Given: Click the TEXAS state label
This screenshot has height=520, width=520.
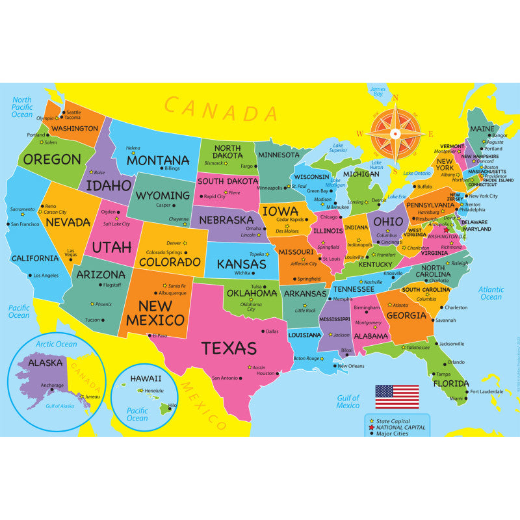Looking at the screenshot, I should [x=229, y=348].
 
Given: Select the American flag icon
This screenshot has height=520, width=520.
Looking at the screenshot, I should [x=397, y=396].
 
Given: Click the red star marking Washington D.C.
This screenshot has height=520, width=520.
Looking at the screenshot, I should [x=446, y=229].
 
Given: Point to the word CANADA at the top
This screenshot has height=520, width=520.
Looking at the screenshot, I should [x=221, y=109].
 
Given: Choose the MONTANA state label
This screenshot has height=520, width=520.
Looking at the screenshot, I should [x=158, y=159].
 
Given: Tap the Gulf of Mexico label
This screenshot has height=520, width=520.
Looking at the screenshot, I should [x=348, y=402].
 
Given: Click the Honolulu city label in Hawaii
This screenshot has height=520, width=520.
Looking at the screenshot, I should [x=154, y=391].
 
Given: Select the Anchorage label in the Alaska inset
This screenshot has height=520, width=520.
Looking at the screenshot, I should [x=53, y=385].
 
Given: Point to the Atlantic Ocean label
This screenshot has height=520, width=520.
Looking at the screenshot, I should [x=491, y=293].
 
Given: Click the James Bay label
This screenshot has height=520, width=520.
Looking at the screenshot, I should [x=377, y=92].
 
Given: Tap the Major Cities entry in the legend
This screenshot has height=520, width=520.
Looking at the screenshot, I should [x=393, y=434].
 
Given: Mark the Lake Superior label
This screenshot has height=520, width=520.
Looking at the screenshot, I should [x=338, y=148].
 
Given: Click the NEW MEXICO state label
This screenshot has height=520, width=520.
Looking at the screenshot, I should [x=155, y=313].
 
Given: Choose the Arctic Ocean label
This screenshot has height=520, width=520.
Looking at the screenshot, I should [x=57, y=344].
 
